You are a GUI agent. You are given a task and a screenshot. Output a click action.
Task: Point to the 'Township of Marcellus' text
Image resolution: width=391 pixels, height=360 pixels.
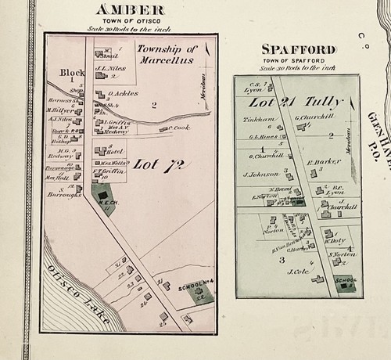pyautogui.click(x=165, y=54)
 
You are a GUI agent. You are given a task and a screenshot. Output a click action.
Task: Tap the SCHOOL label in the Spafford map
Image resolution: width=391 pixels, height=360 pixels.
pyautogui.click(x=344, y=279)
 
